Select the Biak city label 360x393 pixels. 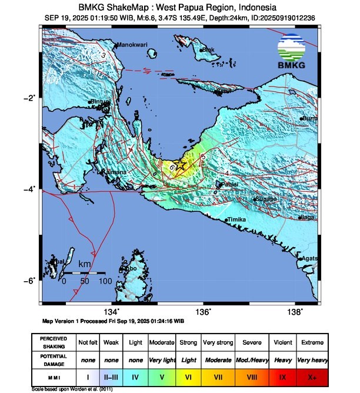[208, 50]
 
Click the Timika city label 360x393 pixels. [236, 219]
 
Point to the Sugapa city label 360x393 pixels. [266, 199]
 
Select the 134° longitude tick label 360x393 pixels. [112, 312]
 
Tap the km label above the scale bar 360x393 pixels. [85, 265]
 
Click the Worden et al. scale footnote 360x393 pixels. [72, 389]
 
